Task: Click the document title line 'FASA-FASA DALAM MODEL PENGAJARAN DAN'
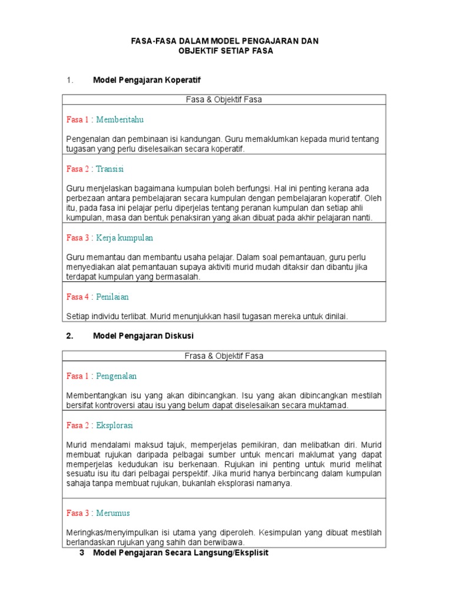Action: (226, 41)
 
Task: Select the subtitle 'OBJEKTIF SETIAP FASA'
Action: (226, 51)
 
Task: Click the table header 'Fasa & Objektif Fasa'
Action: (223, 100)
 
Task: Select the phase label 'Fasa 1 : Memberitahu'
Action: (105, 119)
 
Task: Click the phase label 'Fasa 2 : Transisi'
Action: (95, 168)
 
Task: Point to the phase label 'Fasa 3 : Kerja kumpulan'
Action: (109, 238)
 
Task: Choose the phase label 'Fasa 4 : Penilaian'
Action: (97, 297)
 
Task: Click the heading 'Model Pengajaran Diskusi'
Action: (143, 336)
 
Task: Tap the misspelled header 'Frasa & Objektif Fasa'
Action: (223, 356)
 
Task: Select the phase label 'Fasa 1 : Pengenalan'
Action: (101, 376)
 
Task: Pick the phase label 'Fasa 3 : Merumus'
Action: (98, 513)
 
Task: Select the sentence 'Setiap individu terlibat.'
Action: (107, 316)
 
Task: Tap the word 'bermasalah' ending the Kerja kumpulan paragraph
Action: (180, 277)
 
